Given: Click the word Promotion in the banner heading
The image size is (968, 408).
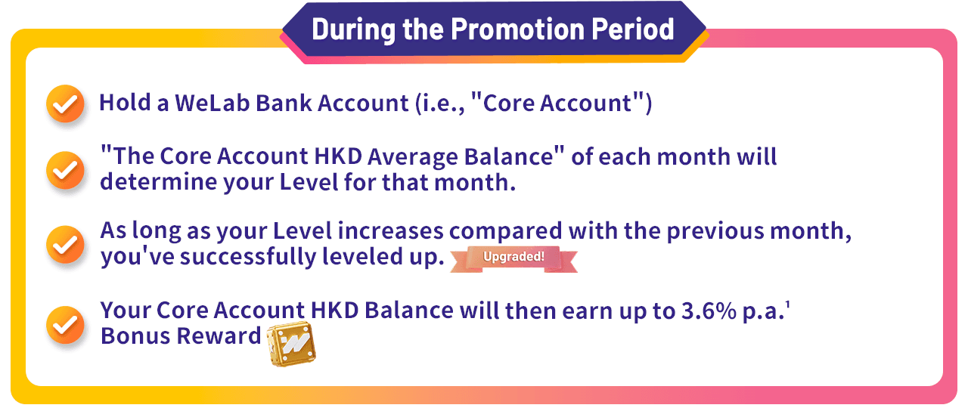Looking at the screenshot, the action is pos(518,29).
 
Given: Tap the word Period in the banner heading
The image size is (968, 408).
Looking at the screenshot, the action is pos(633,29).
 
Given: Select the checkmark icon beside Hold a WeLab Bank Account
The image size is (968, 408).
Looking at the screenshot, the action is pos(65,104).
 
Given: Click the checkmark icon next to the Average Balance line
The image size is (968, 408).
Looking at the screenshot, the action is pos(65,170).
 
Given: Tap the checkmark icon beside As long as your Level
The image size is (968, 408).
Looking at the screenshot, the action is pos(65,244).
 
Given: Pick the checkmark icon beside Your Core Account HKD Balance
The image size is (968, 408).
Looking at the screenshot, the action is pos(65,325).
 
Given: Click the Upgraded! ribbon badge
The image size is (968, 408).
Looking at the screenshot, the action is pos(513,258).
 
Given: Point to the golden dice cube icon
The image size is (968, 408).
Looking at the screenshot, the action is pos(291,343).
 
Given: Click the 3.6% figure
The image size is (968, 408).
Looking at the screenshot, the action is pos(709,311).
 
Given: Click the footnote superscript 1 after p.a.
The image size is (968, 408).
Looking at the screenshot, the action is pos(787,304).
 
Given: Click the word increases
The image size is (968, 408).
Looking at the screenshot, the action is pos(391,231).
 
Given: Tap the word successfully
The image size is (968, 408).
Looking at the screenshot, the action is pos(248,257).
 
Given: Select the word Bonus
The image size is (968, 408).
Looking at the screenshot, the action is pos(135,336).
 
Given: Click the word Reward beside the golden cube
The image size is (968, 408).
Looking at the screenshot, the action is pos(219,336).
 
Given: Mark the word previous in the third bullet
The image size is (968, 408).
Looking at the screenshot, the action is pos(715,232).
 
